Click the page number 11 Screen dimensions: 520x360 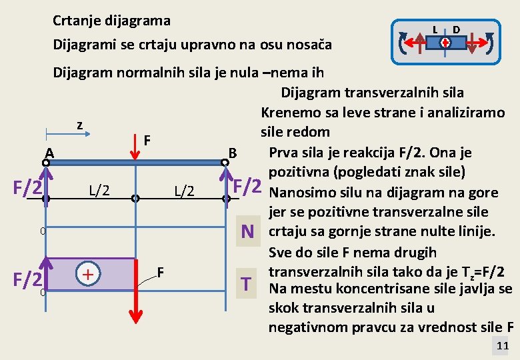[x=503, y=345]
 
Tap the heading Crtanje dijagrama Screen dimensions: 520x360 [x=111, y=21]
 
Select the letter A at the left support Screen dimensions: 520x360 [x=50, y=153]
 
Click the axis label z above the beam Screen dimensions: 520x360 [x=79, y=125]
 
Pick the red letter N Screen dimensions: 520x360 [x=248, y=231]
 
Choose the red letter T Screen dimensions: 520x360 [x=248, y=285]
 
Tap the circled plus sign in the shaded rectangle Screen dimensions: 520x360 [x=87, y=273]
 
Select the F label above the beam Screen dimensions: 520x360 [x=147, y=141]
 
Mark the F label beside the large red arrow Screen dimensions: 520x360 [x=161, y=271]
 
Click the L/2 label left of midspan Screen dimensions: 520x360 [x=99, y=191]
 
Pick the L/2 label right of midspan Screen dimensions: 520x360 [x=184, y=191]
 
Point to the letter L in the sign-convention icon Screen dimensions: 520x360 [x=435, y=29]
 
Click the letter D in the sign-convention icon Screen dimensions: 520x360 [x=457, y=29]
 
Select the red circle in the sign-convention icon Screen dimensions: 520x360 [x=445, y=43]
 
